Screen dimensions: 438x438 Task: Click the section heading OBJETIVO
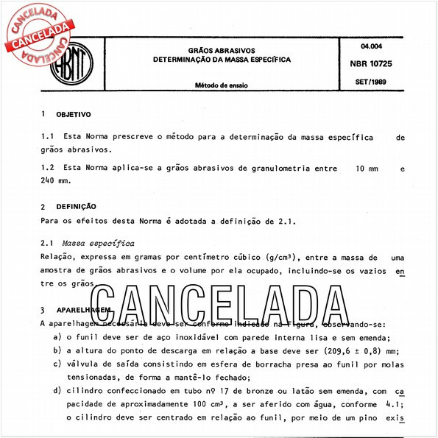(x=74, y=115)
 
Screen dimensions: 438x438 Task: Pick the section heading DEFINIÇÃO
(x=76, y=207)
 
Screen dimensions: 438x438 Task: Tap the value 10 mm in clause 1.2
(x=366, y=169)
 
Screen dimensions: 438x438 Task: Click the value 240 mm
(x=55, y=181)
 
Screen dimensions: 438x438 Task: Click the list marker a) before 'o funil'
(x=58, y=336)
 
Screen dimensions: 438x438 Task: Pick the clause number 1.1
(x=48, y=138)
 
